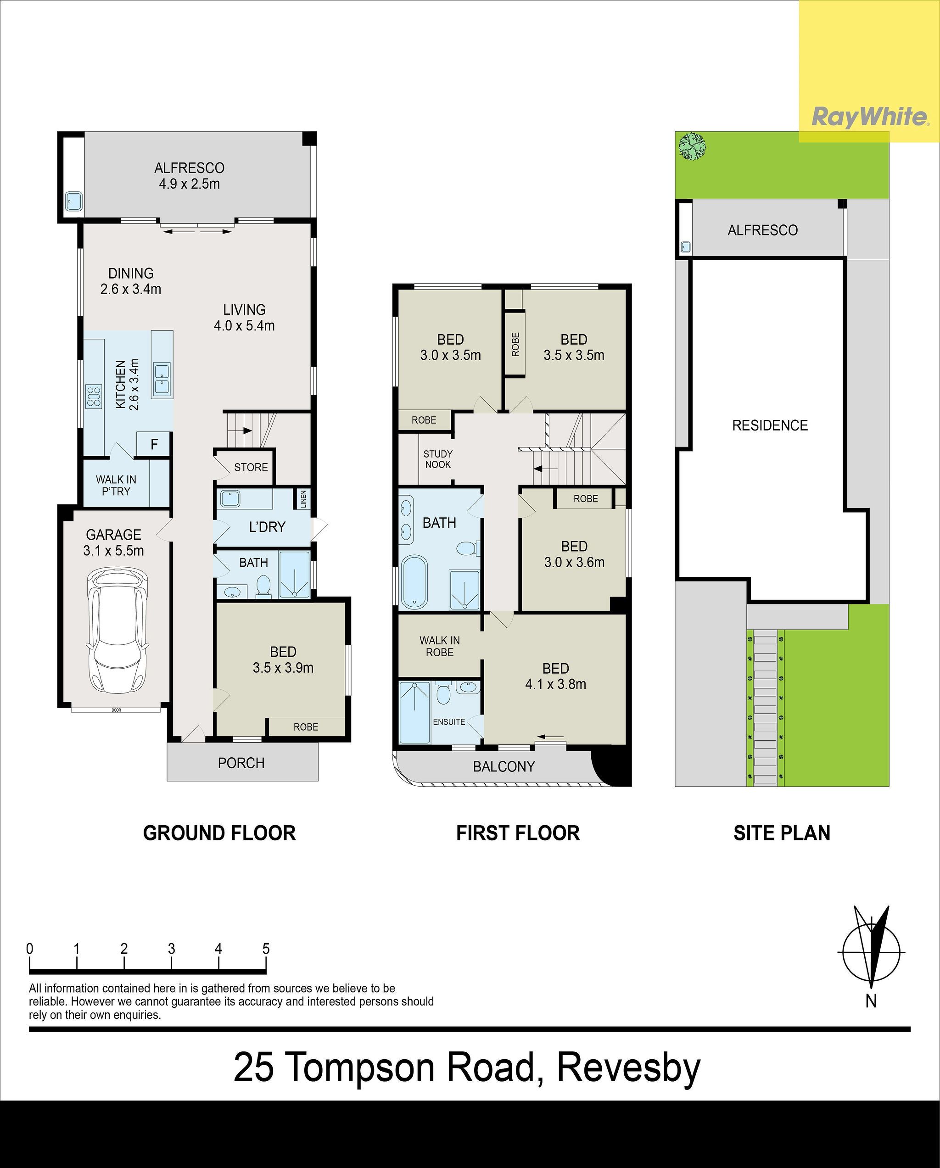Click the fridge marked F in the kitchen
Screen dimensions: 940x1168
pos(154,444)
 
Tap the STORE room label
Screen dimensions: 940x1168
pos(251,467)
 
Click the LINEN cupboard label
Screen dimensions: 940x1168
pos(303,499)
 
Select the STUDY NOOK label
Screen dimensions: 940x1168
pos(438,459)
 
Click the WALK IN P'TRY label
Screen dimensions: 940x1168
pos(116,485)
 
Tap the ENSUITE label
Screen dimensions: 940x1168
pos(448,721)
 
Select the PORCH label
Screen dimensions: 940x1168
pos(241,763)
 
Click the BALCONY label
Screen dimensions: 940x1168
pos(504,766)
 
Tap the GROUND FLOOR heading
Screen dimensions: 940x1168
pos(219,833)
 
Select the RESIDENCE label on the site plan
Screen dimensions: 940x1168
pos(770,425)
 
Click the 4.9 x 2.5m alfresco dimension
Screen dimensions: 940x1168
pos(189,184)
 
